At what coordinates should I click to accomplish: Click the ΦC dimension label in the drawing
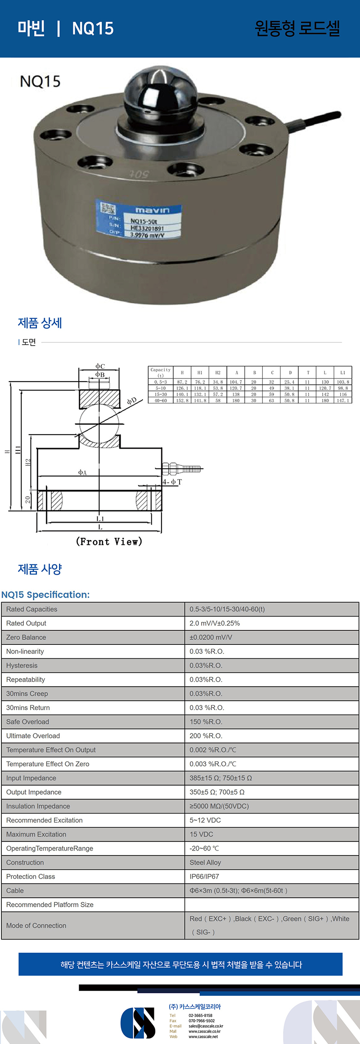tap(100, 366)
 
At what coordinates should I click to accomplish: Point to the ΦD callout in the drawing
tap(131, 400)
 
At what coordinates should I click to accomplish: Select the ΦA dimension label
tap(82, 472)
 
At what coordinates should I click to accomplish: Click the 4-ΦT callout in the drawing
tap(172, 482)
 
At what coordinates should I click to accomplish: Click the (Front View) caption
tap(109, 541)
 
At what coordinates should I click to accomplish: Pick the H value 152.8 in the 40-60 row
tap(182, 400)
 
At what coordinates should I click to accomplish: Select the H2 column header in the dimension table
tap(218, 373)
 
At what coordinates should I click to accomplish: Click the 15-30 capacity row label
tap(161, 394)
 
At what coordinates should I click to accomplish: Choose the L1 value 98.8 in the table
tap(343, 388)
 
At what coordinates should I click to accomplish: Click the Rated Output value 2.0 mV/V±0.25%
tap(215, 623)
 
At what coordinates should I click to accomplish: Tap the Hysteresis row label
tap(22, 666)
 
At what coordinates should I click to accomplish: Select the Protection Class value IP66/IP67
tap(204, 877)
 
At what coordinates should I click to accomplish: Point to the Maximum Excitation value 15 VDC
tap(201, 834)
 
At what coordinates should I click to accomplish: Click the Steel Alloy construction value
tap(205, 863)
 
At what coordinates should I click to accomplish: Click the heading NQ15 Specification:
tap(45, 595)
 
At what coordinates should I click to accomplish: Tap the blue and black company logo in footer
tap(138, 1022)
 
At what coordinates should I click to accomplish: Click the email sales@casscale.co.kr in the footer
tap(206, 1026)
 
